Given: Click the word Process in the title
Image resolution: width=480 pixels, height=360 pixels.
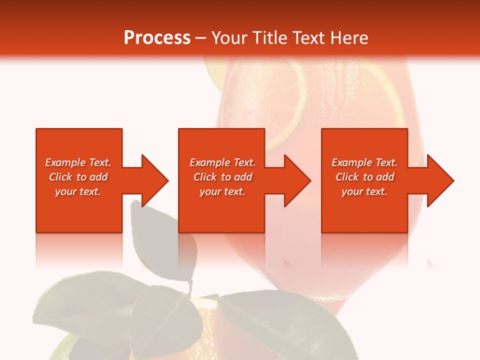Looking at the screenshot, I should (x=157, y=38).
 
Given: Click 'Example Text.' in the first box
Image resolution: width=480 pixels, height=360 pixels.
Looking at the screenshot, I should (x=78, y=162).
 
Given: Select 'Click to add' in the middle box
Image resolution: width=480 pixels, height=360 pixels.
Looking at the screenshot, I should (x=222, y=177).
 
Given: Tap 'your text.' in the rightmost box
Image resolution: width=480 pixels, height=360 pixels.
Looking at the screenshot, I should (x=364, y=191).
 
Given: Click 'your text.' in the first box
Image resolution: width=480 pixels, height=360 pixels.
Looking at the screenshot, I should (x=78, y=191).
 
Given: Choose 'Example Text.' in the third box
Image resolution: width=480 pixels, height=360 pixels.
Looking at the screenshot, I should (x=364, y=162).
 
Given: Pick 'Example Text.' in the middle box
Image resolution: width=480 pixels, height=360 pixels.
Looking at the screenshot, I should (x=222, y=162).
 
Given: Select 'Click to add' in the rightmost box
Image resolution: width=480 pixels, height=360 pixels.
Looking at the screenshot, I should (x=364, y=177).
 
